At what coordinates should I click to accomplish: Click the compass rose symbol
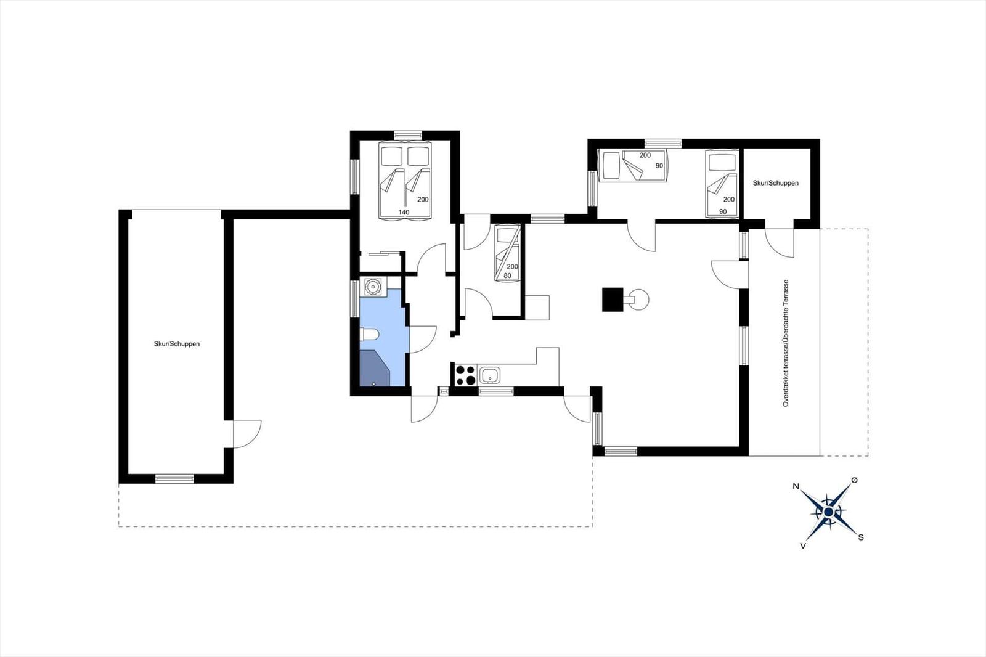pos(829,512)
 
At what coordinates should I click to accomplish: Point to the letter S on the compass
pos(861,537)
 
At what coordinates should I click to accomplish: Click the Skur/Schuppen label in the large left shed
pos(177,344)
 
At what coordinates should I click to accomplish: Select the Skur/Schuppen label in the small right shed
pos(775,183)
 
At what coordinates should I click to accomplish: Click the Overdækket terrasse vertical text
pos(786,343)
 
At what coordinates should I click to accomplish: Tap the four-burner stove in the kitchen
pos(465,375)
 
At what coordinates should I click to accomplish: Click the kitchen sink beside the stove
pos(490,375)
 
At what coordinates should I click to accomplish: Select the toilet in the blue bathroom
pos(369,335)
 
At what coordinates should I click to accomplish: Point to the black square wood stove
pos(613,300)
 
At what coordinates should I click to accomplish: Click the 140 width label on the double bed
pos(404,212)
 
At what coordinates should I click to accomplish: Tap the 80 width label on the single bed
pos(507,275)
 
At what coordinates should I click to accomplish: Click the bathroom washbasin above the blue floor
pos(372,286)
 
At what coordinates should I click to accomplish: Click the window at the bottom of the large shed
pos(174,478)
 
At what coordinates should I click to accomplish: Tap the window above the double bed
pos(407,135)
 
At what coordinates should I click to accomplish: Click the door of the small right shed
pos(779,242)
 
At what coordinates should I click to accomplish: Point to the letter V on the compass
pos(803,545)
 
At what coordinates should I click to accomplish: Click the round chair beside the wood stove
pos(638,300)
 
